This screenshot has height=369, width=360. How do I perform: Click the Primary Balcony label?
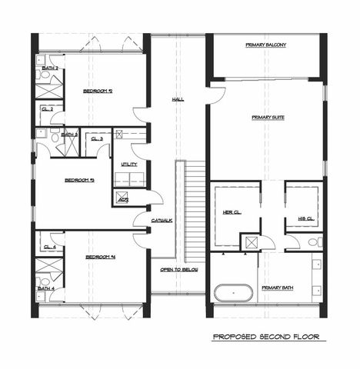265,45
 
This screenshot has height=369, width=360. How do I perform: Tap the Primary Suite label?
265,118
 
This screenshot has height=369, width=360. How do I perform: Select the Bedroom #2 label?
98,91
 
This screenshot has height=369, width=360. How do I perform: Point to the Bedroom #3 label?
79,180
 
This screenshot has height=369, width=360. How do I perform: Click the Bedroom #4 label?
100,257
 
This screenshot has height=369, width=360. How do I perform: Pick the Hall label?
178,99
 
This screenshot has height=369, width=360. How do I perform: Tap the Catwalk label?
161,221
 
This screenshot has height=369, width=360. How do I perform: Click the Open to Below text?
178,270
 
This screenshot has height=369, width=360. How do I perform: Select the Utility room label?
128,165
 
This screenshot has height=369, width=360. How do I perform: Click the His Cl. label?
305,218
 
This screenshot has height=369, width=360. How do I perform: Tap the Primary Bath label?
277,288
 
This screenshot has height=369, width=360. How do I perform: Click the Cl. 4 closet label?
50,247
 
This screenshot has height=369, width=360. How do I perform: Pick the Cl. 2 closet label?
48,109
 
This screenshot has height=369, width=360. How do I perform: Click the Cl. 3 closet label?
97,138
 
